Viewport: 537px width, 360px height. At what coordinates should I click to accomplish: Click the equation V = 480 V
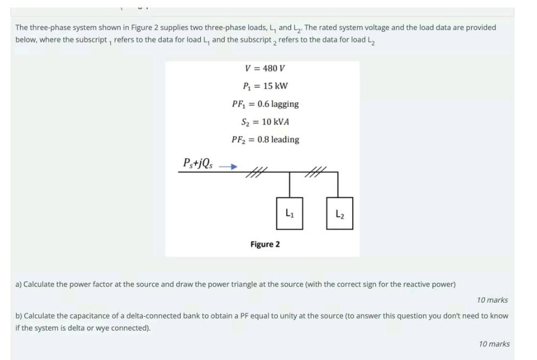tap(265, 68)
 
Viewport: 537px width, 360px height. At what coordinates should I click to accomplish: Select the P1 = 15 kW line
tap(265, 86)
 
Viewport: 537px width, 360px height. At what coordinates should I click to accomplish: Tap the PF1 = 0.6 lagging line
tap(265, 104)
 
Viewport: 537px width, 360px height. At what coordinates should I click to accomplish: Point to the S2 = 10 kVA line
tap(265, 122)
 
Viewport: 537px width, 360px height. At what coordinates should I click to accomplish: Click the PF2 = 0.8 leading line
tap(265, 139)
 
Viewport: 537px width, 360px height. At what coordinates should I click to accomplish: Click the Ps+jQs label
tap(197, 163)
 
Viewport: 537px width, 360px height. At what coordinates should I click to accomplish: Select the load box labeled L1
tap(289, 213)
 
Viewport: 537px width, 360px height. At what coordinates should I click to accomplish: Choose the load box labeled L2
tap(339, 214)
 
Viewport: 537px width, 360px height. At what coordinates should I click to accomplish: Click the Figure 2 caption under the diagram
tap(265, 244)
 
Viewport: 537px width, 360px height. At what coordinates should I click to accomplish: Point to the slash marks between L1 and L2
tap(314, 172)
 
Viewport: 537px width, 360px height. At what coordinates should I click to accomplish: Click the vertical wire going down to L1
tap(289, 185)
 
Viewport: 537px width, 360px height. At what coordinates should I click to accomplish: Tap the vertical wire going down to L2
tap(338, 185)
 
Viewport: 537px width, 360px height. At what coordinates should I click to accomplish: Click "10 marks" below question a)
tap(492, 300)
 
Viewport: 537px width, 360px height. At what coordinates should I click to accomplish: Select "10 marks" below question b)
tap(494, 344)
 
